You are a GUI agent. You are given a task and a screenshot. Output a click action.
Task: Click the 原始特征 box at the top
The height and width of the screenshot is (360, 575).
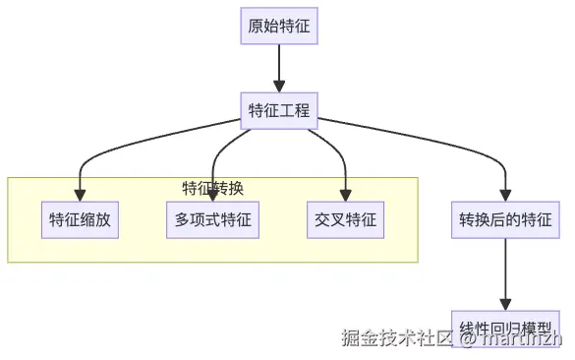(x=279, y=26)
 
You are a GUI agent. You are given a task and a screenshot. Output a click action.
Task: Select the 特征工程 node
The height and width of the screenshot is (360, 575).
(x=279, y=109)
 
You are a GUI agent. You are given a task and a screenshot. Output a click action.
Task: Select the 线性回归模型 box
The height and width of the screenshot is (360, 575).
(x=504, y=325)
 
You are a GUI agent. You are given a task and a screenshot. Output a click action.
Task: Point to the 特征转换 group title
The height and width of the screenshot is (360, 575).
(x=212, y=188)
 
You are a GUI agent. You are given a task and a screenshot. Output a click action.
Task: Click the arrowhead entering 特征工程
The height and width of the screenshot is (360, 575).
(x=279, y=86)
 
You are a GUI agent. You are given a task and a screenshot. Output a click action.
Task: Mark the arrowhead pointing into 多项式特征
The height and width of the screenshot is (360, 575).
(x=213, y=195)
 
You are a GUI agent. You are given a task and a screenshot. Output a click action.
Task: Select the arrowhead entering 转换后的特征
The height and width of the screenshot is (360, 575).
(x=504, y=195)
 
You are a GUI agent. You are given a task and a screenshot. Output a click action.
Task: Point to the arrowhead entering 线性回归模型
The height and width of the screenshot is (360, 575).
(x=504, y=303)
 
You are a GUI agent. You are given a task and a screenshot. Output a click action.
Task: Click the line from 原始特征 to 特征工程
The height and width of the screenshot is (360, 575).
(x=279, y=64)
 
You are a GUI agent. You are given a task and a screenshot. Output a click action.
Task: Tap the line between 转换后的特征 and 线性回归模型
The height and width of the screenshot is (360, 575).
(x=504, y=270)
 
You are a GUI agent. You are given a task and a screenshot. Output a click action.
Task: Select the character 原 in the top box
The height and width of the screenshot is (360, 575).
(x=256, y=26)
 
